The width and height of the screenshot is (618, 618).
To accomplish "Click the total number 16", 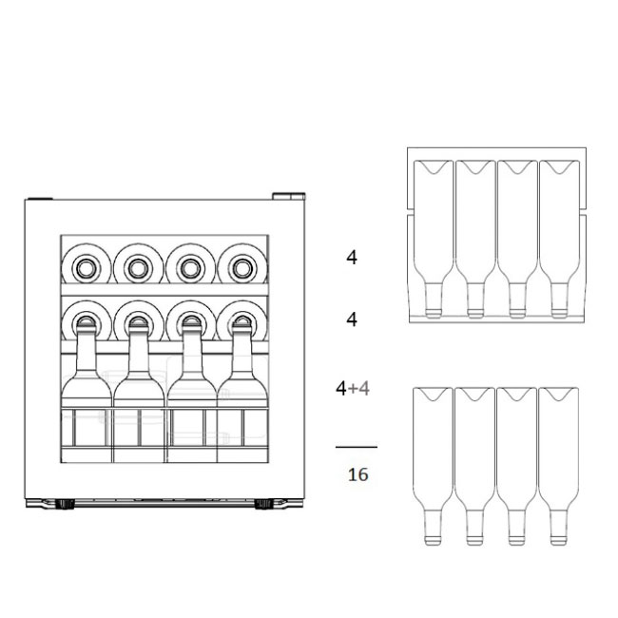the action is click(x=357, y=474).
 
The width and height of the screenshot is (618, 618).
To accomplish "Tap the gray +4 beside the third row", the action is click(x=359, y=389).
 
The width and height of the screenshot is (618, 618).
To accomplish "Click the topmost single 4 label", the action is click(x=352, y=258).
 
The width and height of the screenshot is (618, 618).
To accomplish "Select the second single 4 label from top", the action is click(x=352, y=319).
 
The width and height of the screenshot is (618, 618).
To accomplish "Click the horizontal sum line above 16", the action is click(x=357, y=447).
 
